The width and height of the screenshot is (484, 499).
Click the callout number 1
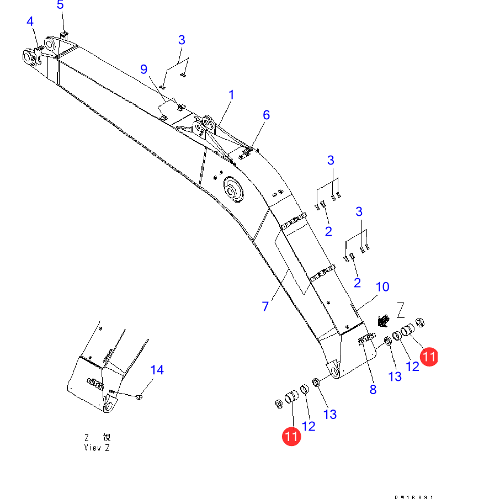click(231, 95)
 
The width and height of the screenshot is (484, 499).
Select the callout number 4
click(30, 22)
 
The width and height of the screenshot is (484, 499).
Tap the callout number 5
click(60, 5)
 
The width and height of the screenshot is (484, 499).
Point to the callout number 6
click(266, 115)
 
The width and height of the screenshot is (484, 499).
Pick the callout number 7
click(265, 306)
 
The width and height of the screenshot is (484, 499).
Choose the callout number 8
click(373, 389)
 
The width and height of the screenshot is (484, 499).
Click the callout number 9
click(143, 69)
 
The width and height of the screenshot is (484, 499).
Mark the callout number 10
click(382, 286)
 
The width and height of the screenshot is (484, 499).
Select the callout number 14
click(157, 369)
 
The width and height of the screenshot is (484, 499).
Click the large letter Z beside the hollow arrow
click(401, 307)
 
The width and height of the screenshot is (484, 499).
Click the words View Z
click(97, 448)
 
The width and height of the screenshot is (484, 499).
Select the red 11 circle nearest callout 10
click(429, 357)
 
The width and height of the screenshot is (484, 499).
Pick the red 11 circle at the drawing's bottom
click(291, 436)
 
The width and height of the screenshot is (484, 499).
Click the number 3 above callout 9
click(182, 40)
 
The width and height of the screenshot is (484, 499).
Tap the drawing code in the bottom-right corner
click(418, 496)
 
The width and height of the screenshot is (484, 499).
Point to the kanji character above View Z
click(105, 437)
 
